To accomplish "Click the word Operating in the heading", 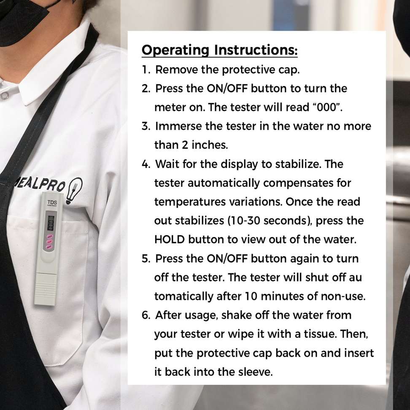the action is click(175, 50).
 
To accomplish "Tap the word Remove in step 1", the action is click(176, 70).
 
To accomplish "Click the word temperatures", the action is click(190, 202).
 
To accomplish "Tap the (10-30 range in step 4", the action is click(243, 221).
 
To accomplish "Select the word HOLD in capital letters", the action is click(170, 240).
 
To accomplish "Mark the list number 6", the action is click(146, 316).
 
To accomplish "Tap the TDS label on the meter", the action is click(52, 202).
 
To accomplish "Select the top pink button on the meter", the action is click(50, 236).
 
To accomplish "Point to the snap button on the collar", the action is click(4, 95).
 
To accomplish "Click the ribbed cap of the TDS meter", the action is click(46, 289).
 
